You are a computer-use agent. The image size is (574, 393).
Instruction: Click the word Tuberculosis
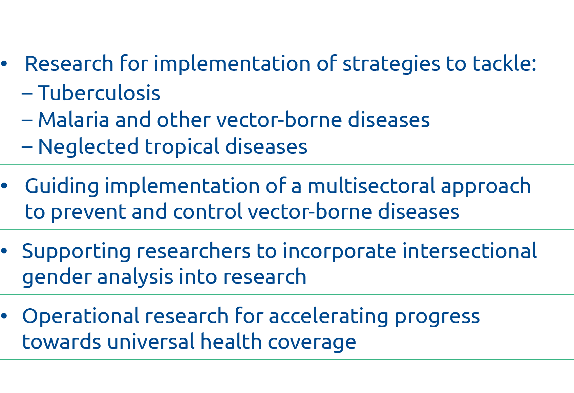coord(99,93)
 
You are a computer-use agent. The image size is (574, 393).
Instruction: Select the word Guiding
coord(62,187)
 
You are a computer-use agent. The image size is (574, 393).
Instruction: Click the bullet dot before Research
coord(4,64)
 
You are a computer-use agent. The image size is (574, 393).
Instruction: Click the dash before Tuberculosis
coord(27,94)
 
